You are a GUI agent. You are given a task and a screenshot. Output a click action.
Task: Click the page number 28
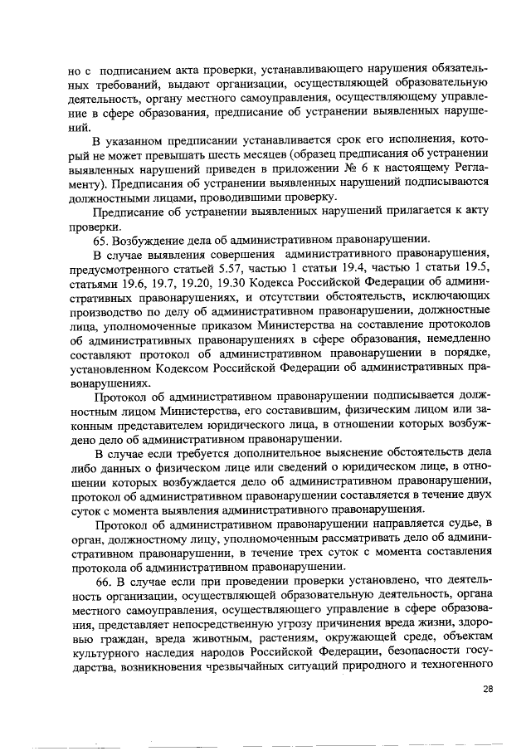[x=488, y=689]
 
